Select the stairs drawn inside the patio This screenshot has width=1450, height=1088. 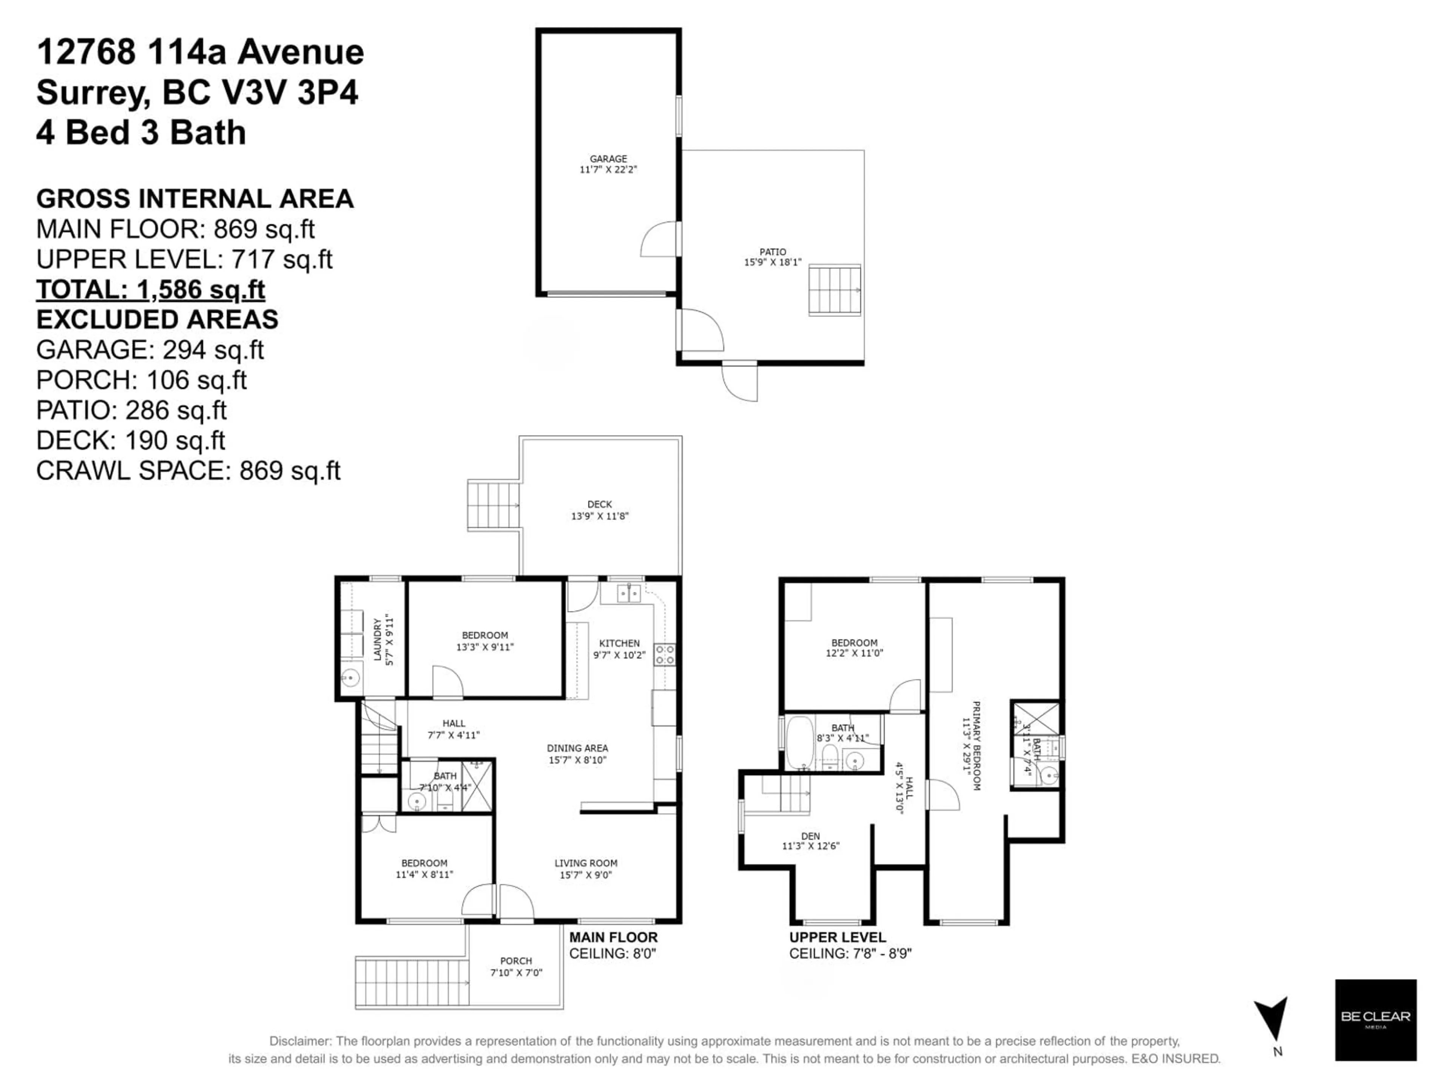pos(834,289)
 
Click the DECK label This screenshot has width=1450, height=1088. pos(599,504)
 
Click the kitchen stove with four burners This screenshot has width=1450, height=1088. pos(665,655)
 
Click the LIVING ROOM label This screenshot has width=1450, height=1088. pos(585,863)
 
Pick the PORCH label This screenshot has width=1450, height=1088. pos(516,961)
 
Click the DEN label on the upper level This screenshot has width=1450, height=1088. pos(810,836)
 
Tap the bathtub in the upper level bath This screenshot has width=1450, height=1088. pos(799,743)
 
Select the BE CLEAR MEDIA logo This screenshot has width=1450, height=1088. pos(1375,1019)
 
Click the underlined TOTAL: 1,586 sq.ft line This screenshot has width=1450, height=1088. pos(150,289)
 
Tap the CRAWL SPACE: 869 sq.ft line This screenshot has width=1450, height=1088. pos(188,470)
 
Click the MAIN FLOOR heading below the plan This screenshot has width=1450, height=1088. pos(613,937)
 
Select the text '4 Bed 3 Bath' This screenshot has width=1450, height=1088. pos(141,133)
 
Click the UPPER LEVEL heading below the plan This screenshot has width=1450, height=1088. pos(837,937)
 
